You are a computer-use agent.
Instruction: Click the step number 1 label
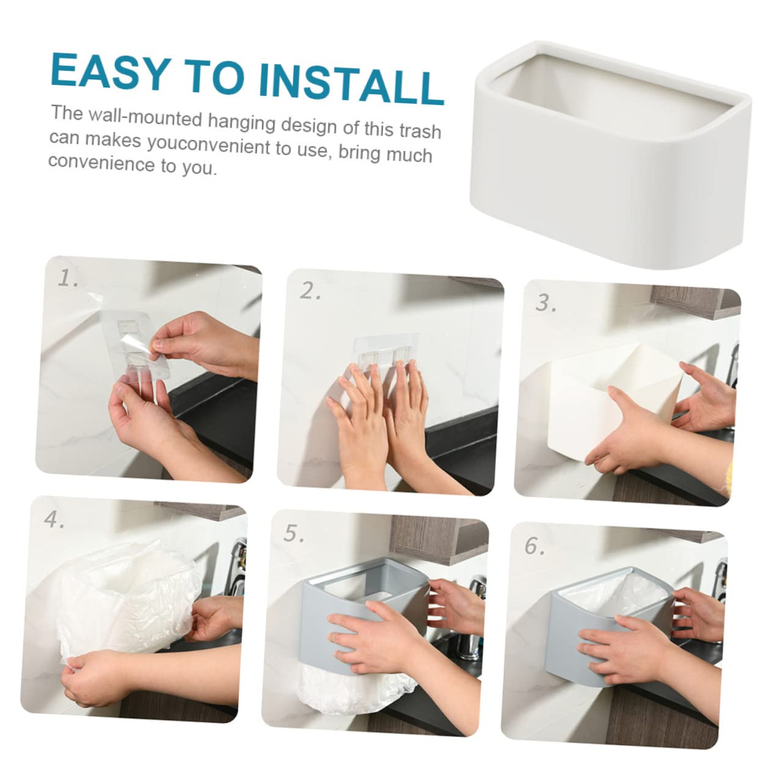point(68,278)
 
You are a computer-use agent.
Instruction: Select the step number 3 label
point(546,303)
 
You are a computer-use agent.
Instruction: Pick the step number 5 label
point(294,533)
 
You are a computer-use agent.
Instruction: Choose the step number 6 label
point(534,545)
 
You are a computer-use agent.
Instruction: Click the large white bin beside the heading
point(610,155)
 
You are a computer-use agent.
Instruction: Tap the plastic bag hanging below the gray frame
point(357,691)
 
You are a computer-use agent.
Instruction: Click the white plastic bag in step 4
point(128,601)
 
